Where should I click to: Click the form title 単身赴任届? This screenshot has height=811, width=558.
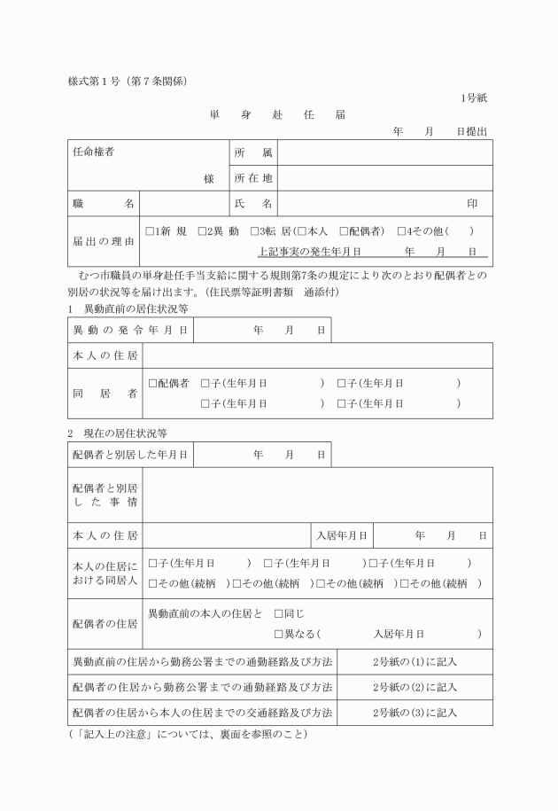point(277,114)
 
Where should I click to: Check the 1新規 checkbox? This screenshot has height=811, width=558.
point(150,230)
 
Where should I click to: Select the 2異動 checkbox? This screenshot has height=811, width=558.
point(203,230)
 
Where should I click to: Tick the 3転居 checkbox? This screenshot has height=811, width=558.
point(254,230)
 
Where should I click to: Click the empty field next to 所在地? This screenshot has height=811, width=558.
point(385,178)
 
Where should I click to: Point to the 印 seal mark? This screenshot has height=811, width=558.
point(472,204)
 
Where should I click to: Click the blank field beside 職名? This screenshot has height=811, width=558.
point(184,204)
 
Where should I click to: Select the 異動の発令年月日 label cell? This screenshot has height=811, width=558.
point(130,330)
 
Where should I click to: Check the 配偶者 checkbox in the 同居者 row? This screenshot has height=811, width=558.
point(152,383)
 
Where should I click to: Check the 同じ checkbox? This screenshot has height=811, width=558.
point(279,612)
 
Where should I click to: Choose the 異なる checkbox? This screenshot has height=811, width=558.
point(279,634)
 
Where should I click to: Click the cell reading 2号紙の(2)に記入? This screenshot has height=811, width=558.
point(415,687)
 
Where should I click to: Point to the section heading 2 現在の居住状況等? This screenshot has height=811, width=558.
point(117,433)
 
